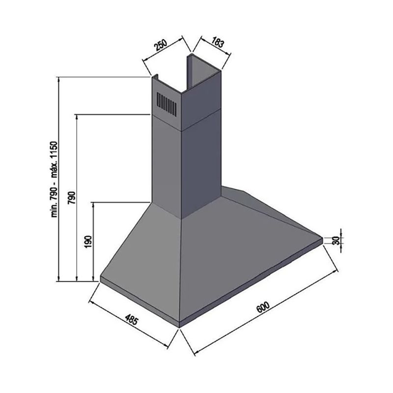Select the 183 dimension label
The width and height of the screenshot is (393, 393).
click(217, 42)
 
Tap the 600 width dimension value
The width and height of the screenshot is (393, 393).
click(263, 307)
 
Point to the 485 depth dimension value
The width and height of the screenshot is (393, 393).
click(132, 319)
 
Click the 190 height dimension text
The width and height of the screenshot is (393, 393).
click(88, 242)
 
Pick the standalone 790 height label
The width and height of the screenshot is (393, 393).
click(72, 198)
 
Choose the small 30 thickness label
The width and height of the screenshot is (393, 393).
click(337, 240)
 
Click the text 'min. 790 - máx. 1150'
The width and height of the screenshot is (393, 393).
click(55, 179)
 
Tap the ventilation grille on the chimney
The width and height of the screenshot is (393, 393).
click(167, 104)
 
